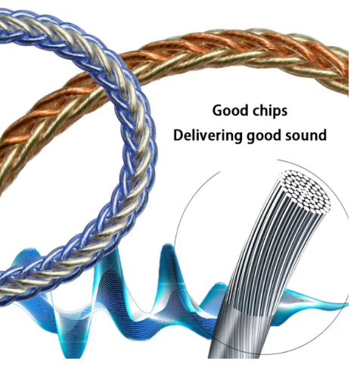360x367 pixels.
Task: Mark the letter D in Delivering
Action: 178,135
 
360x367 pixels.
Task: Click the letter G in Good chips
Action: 218,110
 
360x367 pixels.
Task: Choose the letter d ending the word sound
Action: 322,135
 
